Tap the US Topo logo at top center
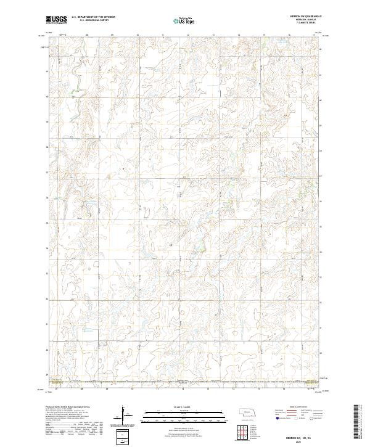pyautogui.click(x=181, y=20)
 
